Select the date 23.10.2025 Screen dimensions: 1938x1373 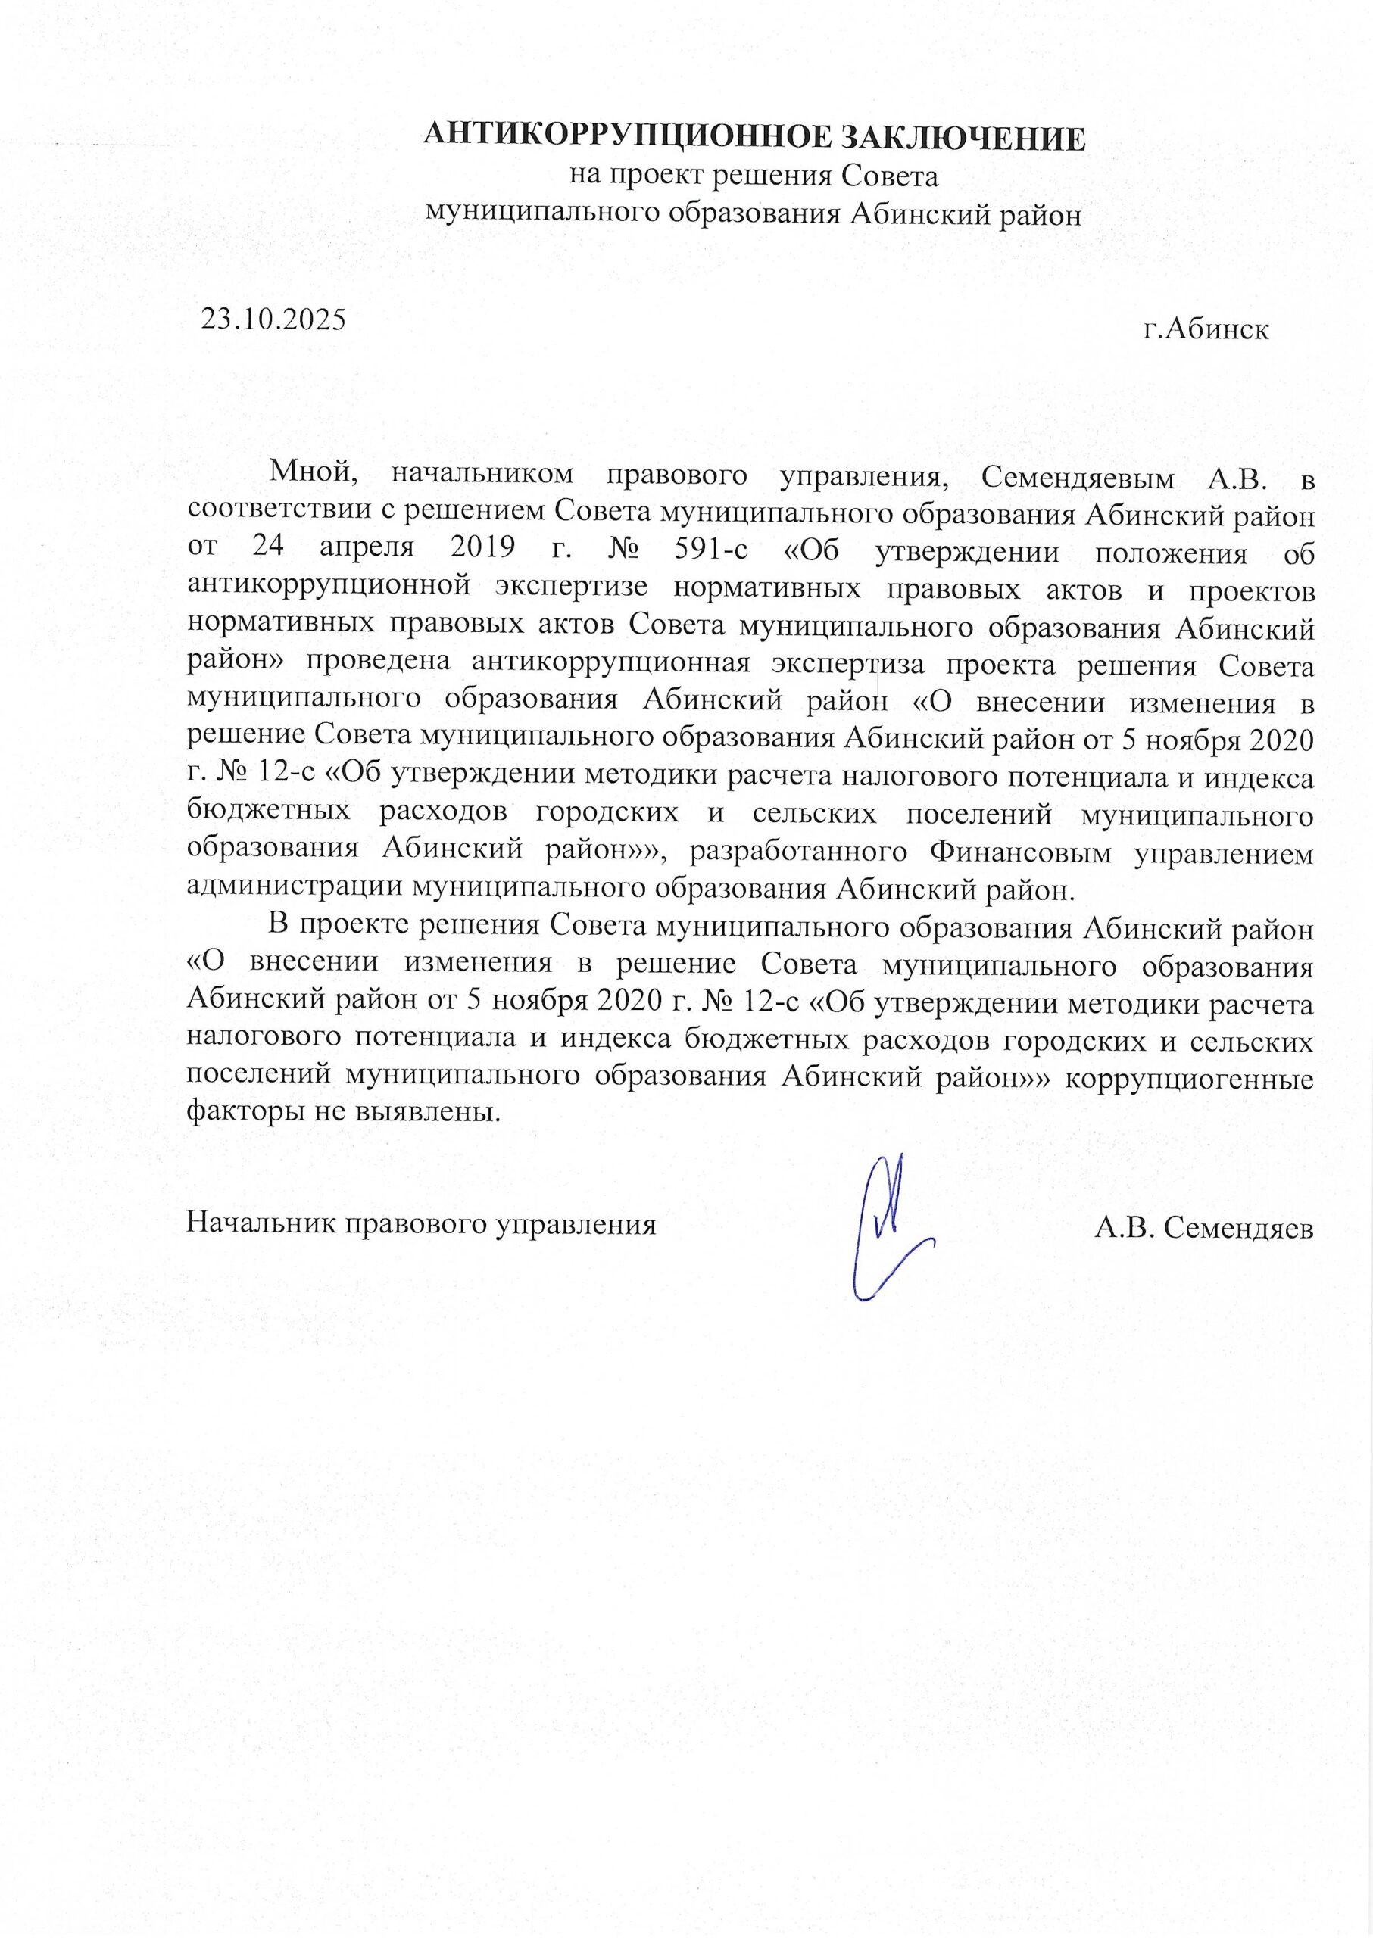coord(273,319)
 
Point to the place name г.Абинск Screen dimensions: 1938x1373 coord(1206,329)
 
